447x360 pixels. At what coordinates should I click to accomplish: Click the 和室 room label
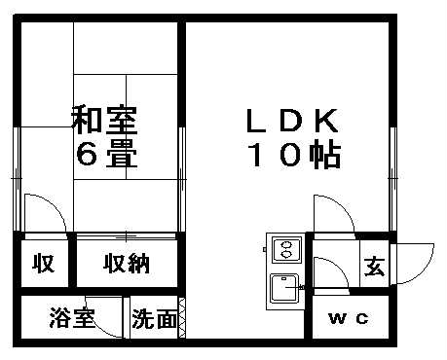105,122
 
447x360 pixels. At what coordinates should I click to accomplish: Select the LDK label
289,122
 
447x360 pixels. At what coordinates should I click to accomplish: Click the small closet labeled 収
42,263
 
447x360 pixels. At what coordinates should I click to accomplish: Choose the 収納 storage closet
128,263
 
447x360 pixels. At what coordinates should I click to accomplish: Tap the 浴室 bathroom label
72,317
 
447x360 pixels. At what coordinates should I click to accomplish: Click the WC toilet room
348,318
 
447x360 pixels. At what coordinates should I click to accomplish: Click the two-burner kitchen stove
286,249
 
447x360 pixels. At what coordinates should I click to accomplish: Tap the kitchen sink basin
285,287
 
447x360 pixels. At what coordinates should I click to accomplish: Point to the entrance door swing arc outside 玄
415,261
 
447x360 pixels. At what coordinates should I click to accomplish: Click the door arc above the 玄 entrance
331,212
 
